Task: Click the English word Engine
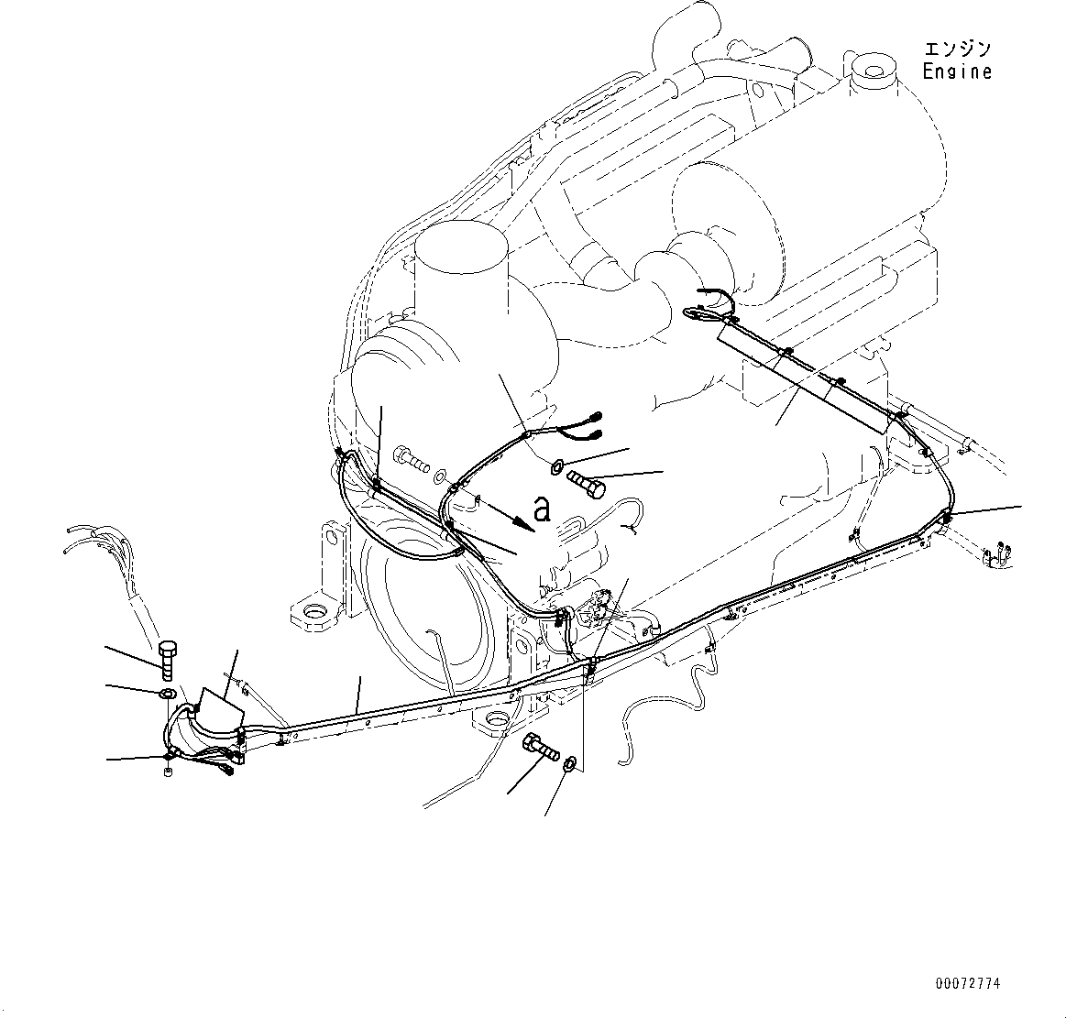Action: (x=957, y=71)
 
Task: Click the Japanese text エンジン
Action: (x=957, y=49)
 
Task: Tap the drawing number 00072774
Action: (x=968, y=984)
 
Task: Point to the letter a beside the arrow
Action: (x=543, y=509)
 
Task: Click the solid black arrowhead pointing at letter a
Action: (x=522, y=521)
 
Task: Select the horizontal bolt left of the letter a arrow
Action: (x=412, y=459)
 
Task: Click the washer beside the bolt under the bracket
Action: (x=569, y=762)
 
